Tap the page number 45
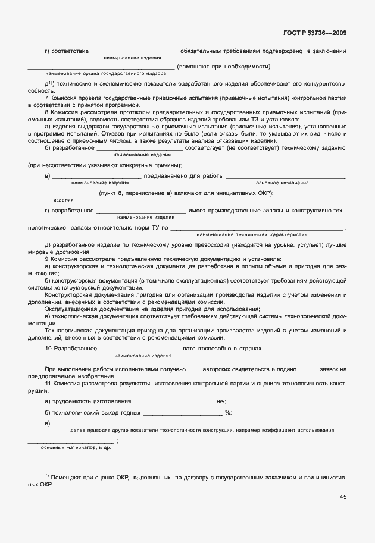343,497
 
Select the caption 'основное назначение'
282,183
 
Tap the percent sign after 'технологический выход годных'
228,412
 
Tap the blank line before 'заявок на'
308,371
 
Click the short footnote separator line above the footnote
47,469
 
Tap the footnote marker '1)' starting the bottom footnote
46,477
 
